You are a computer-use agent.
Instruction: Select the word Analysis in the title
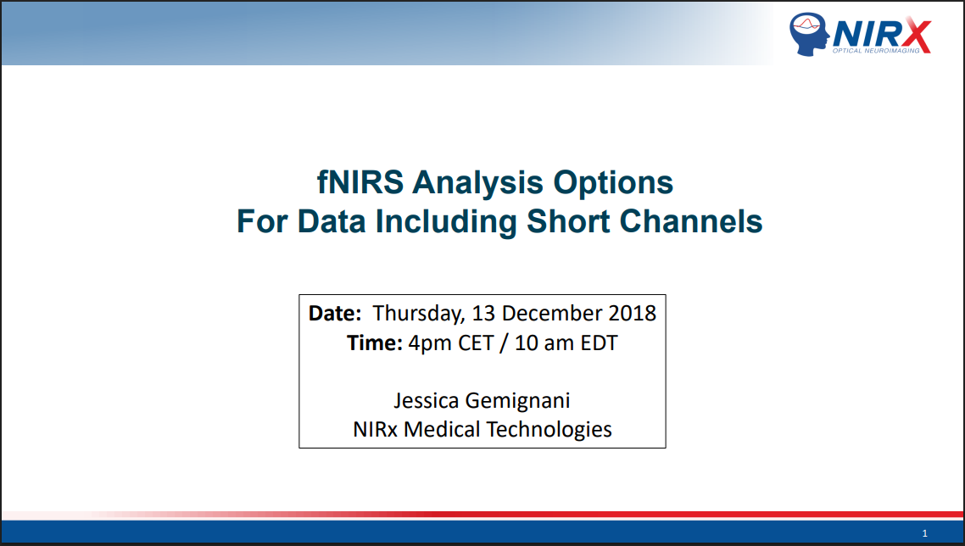(x=477, y=183)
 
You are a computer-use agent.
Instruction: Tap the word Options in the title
(x=613, y=183)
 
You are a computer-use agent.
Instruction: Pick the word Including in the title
(x=446, y=222)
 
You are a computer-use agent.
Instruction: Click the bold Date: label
(x=335, y=314)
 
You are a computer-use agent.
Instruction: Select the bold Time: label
(x=375, y=343)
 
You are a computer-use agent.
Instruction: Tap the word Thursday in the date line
(x=419, y=314)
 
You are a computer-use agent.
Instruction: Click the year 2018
(x=632, y=314)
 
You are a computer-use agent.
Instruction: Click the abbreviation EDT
(x=599, y=343)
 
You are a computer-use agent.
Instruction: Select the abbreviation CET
(x=476, y=343)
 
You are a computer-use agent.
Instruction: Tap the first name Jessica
(x=426, y=401)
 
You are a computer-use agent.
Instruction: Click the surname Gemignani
(x=517, y=401)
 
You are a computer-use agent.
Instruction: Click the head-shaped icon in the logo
(x=810, y=34)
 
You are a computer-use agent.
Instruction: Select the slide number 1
(x=924, y=533)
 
